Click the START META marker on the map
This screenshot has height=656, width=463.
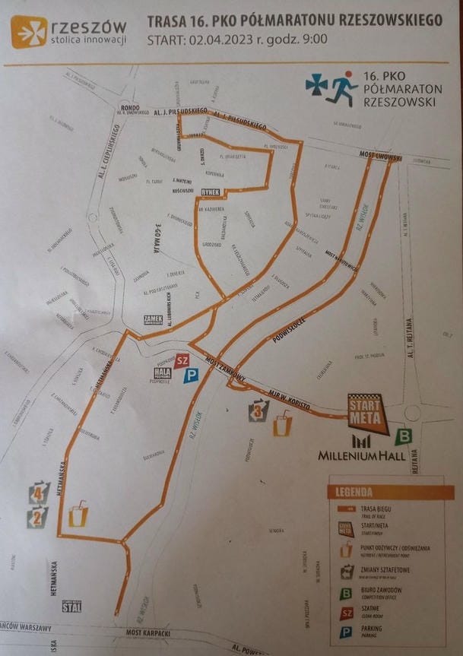[x=366, y=411]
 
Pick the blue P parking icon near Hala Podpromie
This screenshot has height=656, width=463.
[x=195, y=375]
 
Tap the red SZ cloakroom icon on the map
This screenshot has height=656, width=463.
[x=181, y=360]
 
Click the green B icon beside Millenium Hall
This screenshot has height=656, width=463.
[x=404, y=436]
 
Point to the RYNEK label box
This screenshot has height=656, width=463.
[x=211, y=192]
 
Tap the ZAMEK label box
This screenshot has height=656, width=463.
[x=153, y=320]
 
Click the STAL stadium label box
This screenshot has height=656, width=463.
[x=71, y=605]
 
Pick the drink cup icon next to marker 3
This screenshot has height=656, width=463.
[x=281, y=423]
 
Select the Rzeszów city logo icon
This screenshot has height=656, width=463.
[x=29, y=32]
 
